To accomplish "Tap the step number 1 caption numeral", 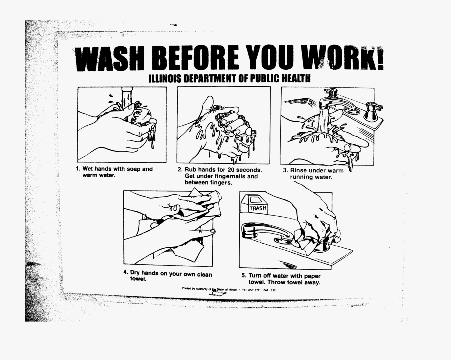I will click(78, 169).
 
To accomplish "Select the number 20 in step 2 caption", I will click(224, 170).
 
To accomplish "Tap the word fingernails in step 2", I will click(241, 176).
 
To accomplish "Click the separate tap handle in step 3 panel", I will click(372, 111).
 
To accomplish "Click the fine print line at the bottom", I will click(231, 290).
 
